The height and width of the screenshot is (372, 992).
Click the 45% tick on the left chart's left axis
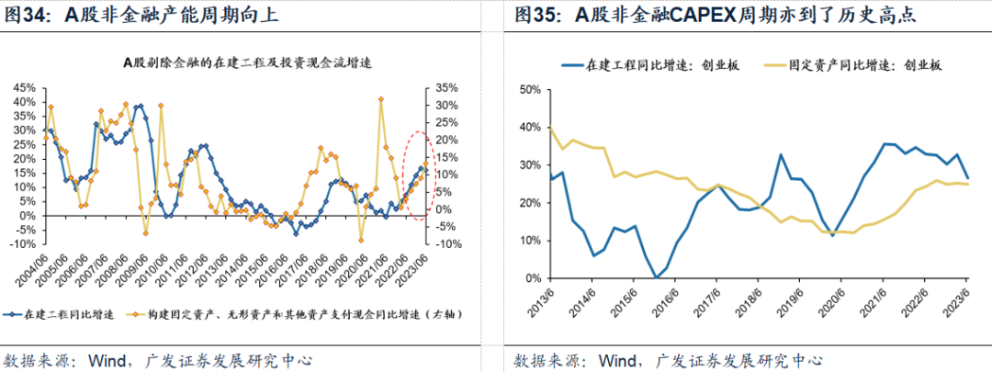(24, 88)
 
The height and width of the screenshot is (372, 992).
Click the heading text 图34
(30, 15)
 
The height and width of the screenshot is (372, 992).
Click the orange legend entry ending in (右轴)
(303, 313)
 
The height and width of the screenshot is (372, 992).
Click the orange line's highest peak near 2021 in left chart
(380, 98)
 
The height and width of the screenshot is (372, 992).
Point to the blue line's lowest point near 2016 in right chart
(656, 276)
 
